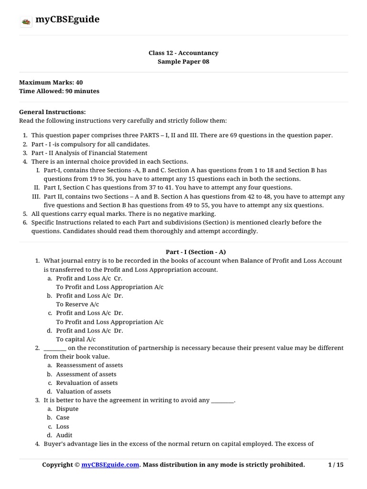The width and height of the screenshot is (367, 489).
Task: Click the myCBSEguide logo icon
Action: click(26, 21)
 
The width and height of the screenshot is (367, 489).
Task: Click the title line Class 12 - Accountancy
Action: click(183, 53)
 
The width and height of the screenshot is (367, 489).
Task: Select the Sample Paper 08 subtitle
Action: click(183, 62)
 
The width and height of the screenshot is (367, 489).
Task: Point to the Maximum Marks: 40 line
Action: click(51, 83)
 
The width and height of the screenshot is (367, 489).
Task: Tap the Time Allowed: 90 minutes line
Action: click(59, 91)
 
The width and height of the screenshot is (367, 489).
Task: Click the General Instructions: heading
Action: click(52, 112)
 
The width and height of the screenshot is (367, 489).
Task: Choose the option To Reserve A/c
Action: click(77, 304)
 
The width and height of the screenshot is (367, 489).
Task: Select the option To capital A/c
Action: click(76, 339)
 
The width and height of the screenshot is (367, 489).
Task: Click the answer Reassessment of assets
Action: click(89, 365)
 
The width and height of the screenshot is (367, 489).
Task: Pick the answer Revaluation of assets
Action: click(86, 383)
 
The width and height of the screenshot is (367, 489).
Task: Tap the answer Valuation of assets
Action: click(84, 392)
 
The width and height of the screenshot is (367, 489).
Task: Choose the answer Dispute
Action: click(67, 409)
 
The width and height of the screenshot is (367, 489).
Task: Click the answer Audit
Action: click(64, 435)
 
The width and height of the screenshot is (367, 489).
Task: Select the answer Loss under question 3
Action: click(63, 426)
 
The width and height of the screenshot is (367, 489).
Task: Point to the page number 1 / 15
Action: click(336, 465)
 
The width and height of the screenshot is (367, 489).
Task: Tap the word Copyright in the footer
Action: click(57, 465)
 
